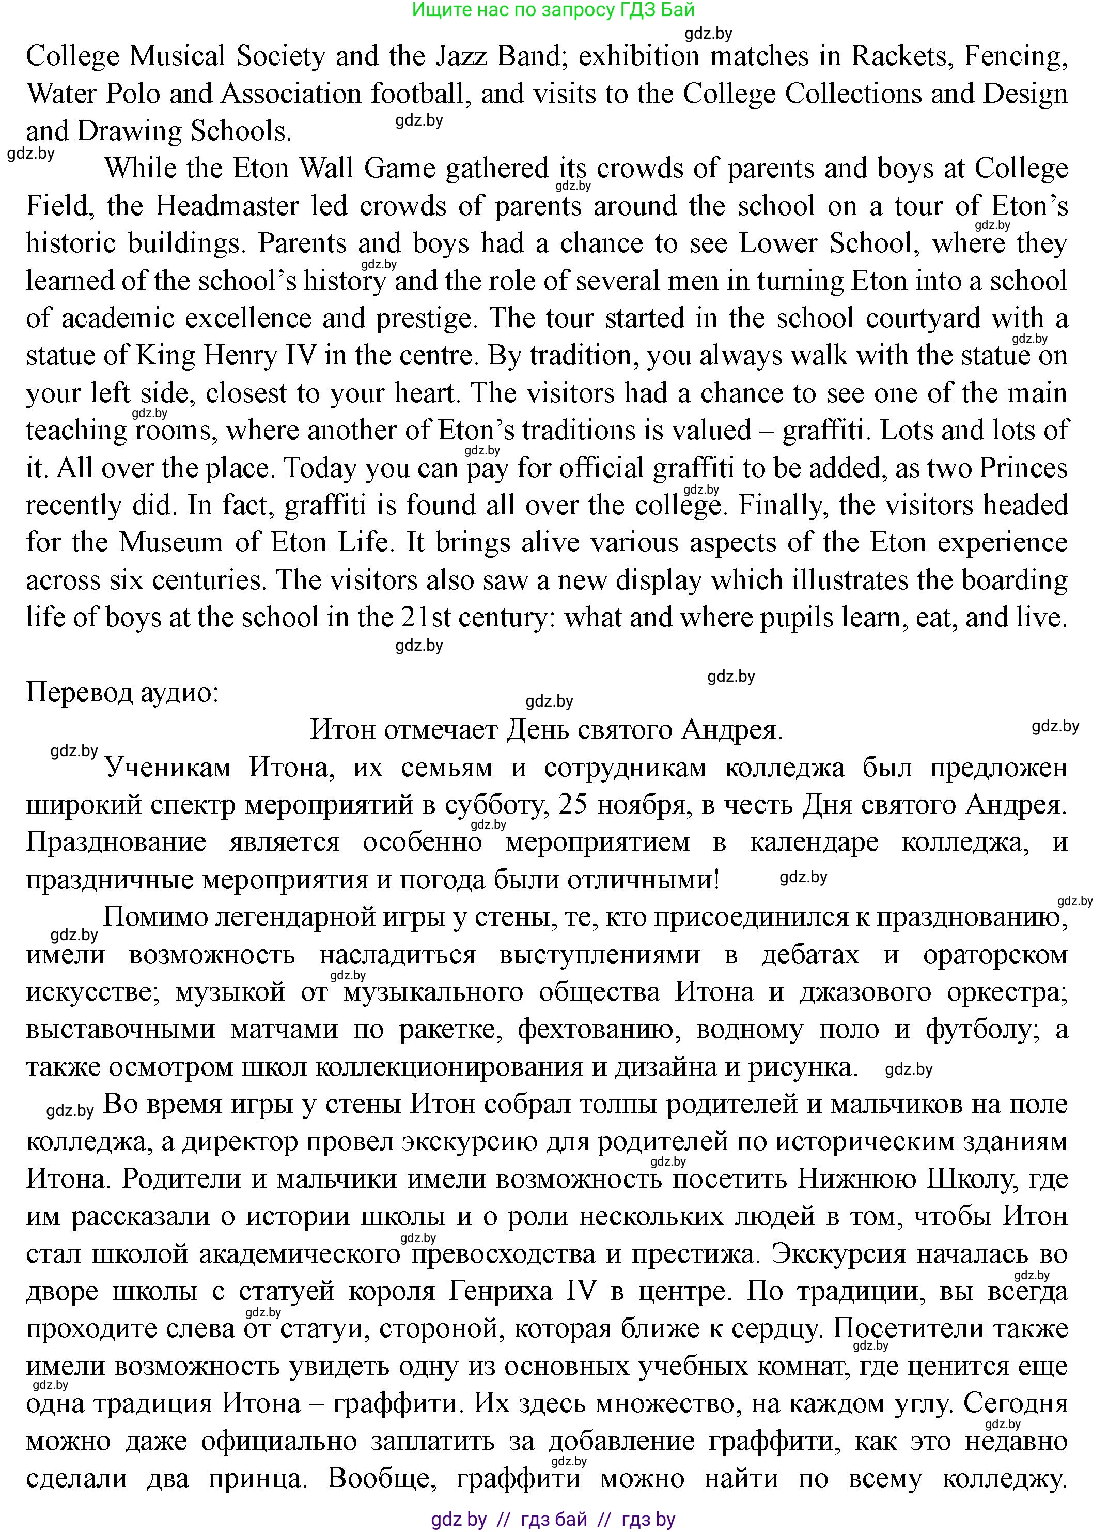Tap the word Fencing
pyautogui.click(x=1015, y=56)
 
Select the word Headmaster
pyautogui.click(x=227, y=206)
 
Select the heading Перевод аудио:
pyautogui.click(x=122, y=693)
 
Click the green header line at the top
pyautogui.click(x=553, y=9)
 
